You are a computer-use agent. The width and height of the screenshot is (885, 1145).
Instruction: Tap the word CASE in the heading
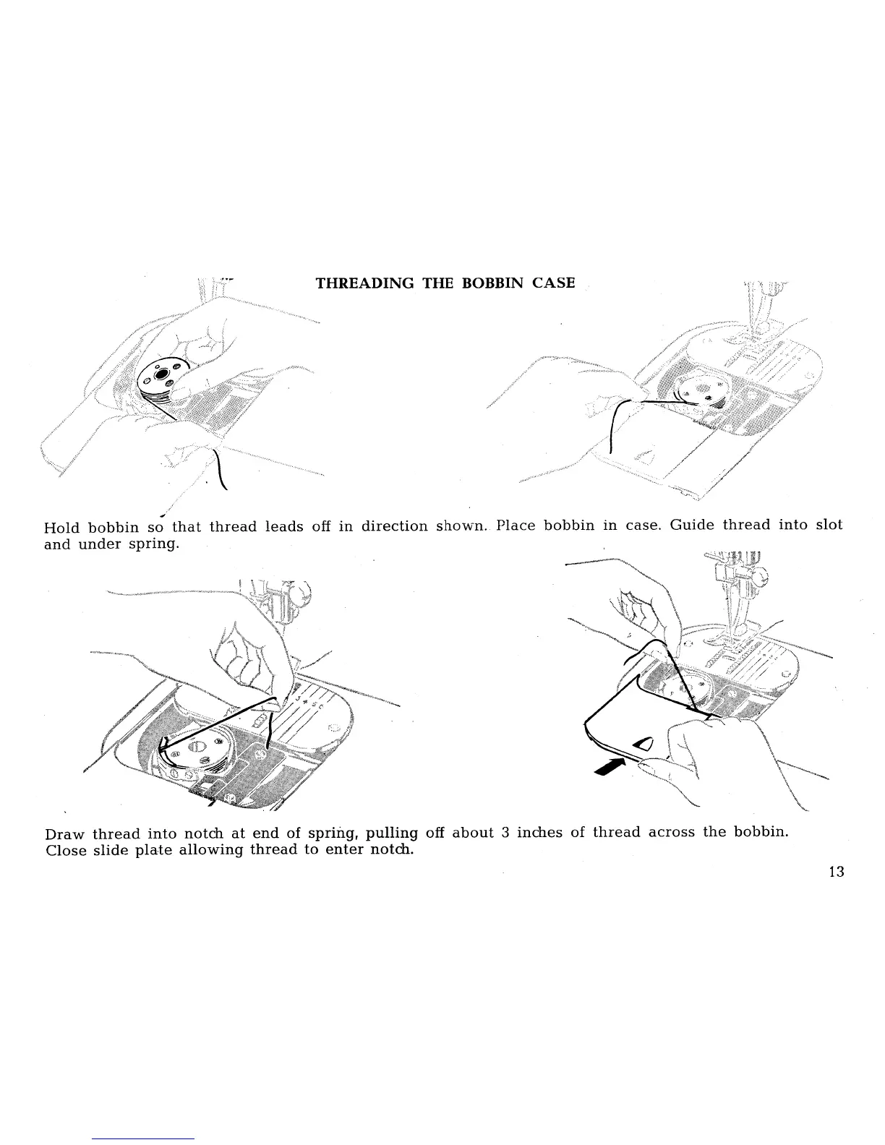pyautogui.click(x=554, y=283)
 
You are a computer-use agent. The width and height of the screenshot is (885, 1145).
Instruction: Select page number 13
pyautogui.click(x=836, y=871)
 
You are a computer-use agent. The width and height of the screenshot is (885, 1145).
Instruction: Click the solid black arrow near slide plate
pyautogui.click(x=608, y=766)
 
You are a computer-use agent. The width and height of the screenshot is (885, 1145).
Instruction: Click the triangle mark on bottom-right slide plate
pyautogui.click(x=643, y=745)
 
